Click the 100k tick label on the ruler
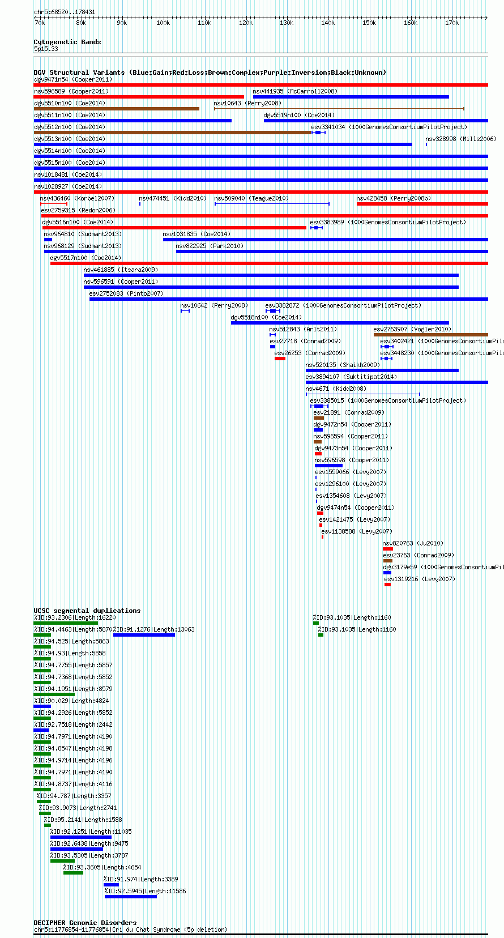(x=163, y=23)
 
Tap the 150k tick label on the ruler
(x=369, y=23)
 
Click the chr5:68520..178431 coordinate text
(x=65, y=12)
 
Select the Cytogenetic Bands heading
(x=67, y=42)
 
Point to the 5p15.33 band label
(x=46, y=49)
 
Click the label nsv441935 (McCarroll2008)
(x=295, y=91)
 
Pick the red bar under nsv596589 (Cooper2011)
(x=139, y=97)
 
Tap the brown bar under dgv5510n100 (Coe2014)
(x=116, y=109)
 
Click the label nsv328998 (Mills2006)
(x=461, y=139)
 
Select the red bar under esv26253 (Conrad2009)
(x=280, y=359)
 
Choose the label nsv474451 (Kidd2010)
(x=173, y=198)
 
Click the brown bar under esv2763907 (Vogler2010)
(x=431, y=335)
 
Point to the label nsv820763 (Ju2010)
(x=413, y=544)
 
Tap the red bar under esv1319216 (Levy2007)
(x=388, y=585)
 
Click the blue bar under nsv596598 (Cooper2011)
(x=328, y=466)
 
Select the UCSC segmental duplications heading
(x=87, y=611)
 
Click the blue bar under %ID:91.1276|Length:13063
(x=144, y=635)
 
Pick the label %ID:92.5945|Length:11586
(x=146, y=891)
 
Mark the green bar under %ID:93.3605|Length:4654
(x=73, y=873)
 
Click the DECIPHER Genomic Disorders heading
(x=86, y=923)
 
